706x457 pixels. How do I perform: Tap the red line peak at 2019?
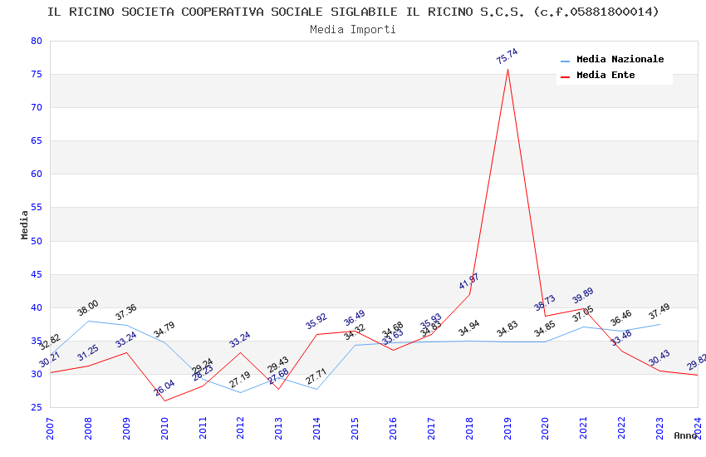(507, 69)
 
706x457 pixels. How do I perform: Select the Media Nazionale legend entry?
(620, 60)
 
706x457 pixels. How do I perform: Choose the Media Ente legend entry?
(605, 76)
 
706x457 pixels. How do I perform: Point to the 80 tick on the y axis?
(35, 41)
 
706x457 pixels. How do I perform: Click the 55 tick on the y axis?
(35, 208)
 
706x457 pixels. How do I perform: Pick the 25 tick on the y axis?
(35, 407)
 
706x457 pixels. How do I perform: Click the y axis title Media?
(25, 224)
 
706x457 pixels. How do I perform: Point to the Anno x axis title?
(685, 435)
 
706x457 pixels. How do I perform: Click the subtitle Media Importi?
(353, 29)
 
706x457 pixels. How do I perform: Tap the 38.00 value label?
(88, 305)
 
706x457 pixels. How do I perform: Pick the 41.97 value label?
(469, 281)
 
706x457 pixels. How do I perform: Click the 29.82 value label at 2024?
(697, 362)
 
